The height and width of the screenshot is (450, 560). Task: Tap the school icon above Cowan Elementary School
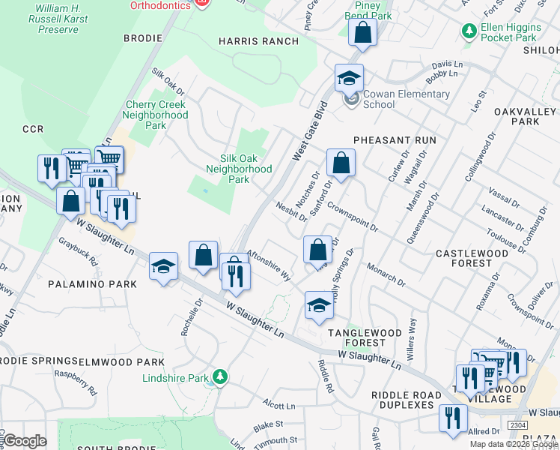349,78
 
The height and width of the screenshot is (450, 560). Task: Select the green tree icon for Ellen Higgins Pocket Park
469,31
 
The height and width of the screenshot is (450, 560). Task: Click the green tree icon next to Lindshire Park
219,376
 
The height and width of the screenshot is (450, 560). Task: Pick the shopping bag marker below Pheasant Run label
341,163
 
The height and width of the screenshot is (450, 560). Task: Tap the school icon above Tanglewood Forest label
319,304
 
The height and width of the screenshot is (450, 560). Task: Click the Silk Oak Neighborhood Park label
246,169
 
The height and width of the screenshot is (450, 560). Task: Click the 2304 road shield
516,425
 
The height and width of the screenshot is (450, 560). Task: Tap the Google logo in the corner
25,441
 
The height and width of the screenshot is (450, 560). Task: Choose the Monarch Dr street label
386,274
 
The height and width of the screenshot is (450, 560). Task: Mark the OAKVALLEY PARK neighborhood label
527,115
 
